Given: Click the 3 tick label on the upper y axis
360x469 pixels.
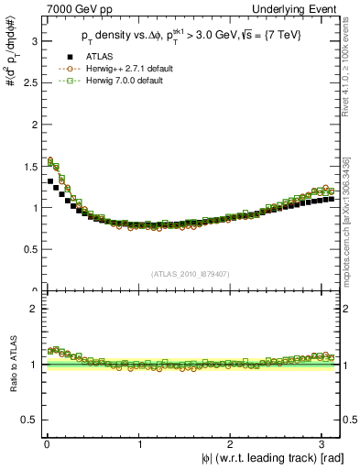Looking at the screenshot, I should point(33,41).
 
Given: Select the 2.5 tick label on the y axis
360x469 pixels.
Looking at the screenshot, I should point(29,82).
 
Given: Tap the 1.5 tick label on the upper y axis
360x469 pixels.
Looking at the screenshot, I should point(29,166).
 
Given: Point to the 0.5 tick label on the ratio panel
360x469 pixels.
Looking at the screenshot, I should point(29,420).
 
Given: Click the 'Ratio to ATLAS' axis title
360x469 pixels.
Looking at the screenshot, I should point(12,365).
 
